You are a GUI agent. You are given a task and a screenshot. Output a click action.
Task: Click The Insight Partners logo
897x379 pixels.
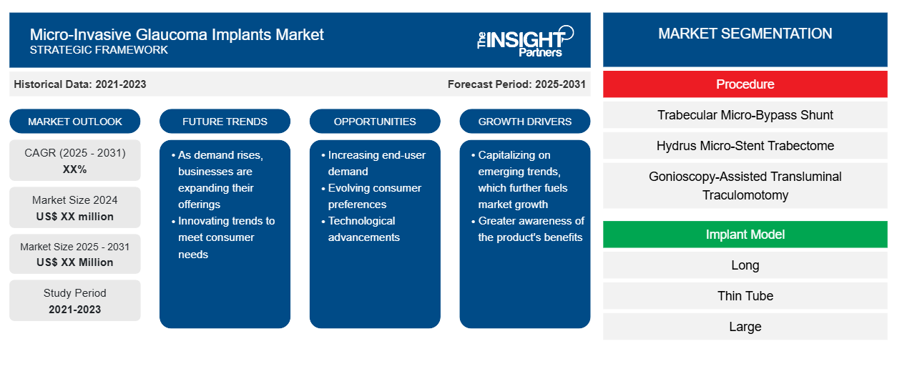525,41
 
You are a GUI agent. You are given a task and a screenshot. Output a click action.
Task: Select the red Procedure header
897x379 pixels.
745,84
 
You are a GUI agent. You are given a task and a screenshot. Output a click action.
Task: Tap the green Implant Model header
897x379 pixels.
745,234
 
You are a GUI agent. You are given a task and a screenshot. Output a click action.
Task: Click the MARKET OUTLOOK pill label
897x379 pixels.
75,122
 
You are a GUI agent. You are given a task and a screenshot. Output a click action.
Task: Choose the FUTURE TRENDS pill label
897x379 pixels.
225,122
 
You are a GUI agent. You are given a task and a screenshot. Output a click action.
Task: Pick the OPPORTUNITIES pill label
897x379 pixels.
375,122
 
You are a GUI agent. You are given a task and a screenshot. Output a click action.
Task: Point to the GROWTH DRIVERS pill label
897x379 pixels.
524,122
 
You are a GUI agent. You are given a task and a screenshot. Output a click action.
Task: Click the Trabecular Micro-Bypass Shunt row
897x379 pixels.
745,115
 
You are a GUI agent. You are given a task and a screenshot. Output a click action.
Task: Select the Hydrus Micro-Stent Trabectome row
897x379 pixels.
745,146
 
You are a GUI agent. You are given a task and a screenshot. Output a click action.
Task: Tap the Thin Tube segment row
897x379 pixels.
745,296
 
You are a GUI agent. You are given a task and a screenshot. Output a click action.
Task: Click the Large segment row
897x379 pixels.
745,327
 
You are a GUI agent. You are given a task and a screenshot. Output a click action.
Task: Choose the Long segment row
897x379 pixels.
745,265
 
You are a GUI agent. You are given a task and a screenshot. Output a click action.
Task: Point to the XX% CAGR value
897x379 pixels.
75,169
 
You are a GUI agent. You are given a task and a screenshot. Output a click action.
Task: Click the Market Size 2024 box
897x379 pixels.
75,207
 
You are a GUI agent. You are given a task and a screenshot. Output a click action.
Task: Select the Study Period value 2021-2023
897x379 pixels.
75,310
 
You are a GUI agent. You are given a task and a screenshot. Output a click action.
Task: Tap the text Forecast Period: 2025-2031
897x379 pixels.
516,84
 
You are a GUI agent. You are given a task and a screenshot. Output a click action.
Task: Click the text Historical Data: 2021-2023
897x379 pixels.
80,84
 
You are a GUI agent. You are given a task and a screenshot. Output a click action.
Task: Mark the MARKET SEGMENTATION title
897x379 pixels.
745,34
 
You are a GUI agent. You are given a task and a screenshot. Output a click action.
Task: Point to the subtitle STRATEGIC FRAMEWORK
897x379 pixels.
99,50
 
